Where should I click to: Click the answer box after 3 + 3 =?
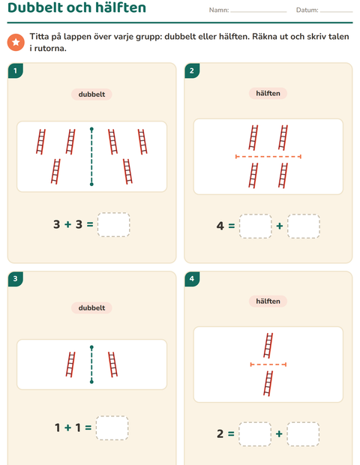click(113, 224)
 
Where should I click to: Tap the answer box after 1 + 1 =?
click(112, 428)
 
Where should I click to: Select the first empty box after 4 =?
click(255, 226)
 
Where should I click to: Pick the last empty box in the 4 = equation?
click(303, 226)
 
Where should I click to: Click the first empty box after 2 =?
click(255, 434)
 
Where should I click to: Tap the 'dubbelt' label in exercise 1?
click(91, 94)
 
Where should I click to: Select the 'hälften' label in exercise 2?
click(268, 94)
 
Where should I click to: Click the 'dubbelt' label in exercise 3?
click(91, 307)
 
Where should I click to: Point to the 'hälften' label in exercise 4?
click(268, 301)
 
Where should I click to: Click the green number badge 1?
click(16, 71)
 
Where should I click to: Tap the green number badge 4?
click(192, 279)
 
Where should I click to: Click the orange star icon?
click(16, 42)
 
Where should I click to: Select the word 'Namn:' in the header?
click(219, 10)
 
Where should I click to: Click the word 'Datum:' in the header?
click(307, 10)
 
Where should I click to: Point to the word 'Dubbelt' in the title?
click(35, 7)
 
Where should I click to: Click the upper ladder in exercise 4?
click(268, 346)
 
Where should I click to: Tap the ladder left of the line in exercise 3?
click(70, 364)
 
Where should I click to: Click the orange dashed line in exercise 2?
click(268, 157)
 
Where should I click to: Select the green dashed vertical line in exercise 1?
click(91, 157)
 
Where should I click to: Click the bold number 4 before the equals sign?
click(220, 226)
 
